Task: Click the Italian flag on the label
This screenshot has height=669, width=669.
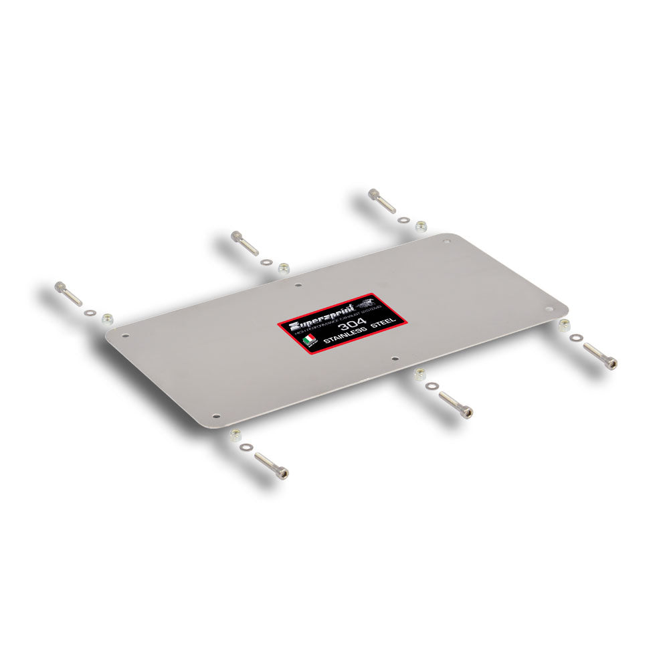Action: click(x=307, y=340)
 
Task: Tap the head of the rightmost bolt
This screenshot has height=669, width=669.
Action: click(x=610, y=363)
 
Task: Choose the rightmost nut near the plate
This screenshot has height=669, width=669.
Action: click(x=563, y=326)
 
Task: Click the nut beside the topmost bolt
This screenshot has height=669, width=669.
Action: click(x=421, y=226)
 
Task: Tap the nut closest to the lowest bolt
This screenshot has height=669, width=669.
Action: click(x=235, y=435)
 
